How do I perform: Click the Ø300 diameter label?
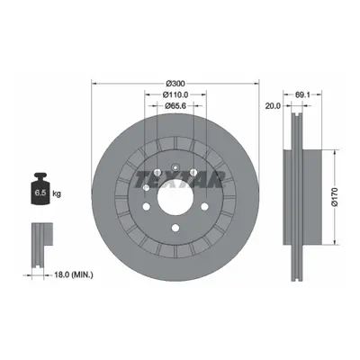pos(175,83)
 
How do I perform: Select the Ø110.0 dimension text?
pos(175,94)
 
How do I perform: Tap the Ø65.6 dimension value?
pos(175,105)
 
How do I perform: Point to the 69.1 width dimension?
pos(302,94)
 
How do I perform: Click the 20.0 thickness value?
pos(273,105)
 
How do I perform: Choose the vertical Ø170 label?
pos(335,197)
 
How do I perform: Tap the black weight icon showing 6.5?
pos(40,189)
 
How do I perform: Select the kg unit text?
pos(57,193)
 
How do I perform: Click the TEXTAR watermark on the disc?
pos(179,180)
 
